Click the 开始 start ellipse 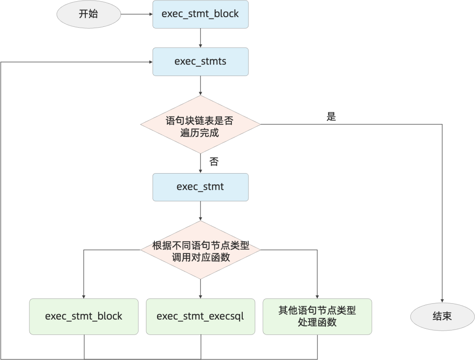[89, 14]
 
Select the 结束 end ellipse [442, 316]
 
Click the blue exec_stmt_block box [201, 14]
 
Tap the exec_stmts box [201, 62]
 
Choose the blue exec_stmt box [201, 187]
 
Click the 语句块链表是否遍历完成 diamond [201, 124]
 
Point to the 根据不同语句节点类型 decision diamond [201, 250]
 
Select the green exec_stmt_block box [84, 316]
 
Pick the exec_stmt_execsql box [201, 316]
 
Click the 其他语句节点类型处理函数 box [317, 316]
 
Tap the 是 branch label [331, 116]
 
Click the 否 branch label [214, 161]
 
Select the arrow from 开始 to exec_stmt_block [137, 14]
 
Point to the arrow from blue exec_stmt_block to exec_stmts [200, 38]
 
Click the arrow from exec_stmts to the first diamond [200, 85]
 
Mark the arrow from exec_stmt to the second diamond [200, 211]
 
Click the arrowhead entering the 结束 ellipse [442, 301]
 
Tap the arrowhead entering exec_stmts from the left [151, 62]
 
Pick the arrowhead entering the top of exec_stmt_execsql [200, 297]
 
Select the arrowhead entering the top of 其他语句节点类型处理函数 [317, 297]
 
